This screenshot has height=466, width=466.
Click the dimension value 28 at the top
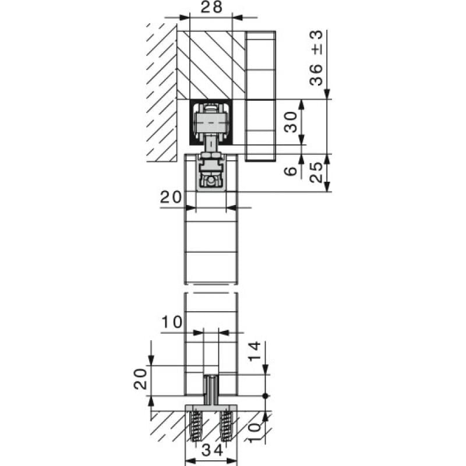211,7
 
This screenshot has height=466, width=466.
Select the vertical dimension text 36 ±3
316,58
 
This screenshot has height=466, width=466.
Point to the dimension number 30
290,122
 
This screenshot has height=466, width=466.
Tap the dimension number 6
290,171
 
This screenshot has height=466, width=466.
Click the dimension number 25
316,172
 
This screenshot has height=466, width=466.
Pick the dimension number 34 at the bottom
212,450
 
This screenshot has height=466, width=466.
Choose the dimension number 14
255,351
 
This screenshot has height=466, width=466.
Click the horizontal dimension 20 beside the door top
171,197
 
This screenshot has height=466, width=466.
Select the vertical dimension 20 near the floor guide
140,379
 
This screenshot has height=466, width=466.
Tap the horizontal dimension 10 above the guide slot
172,322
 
